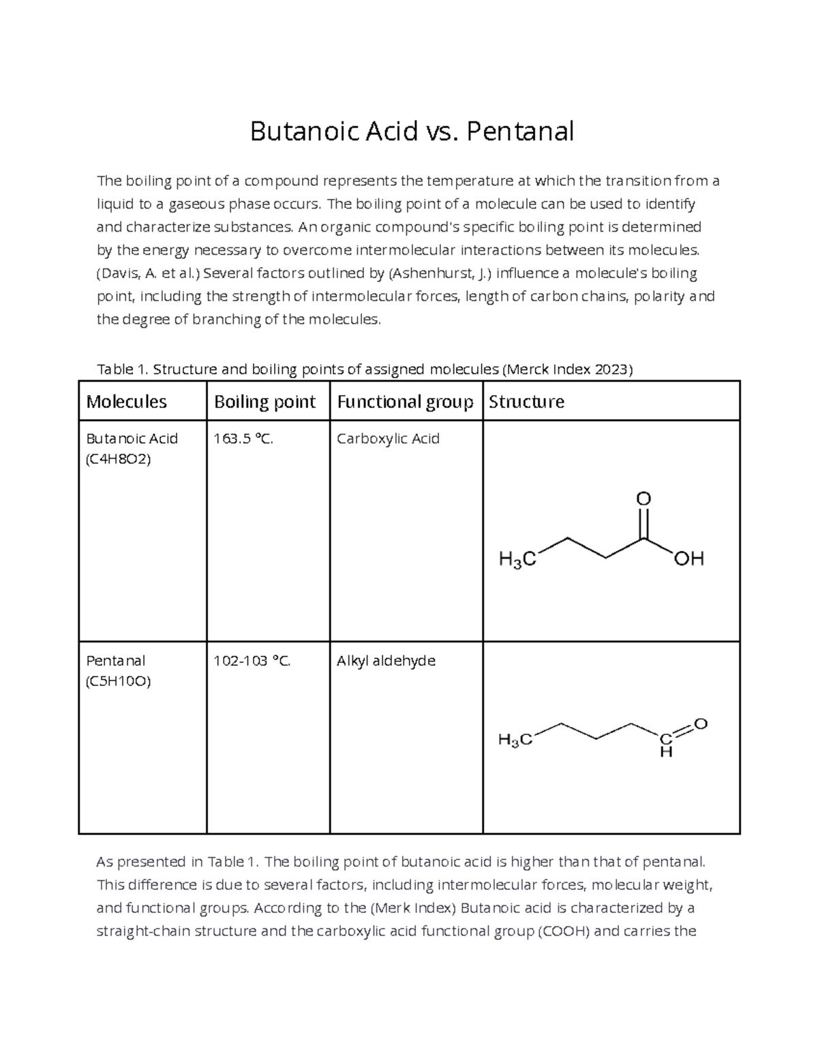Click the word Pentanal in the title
tap(520, 131)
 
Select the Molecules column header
tap(127, 402)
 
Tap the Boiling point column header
tap(264, 402)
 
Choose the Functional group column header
tap(405, 402)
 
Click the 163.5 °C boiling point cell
tap(243, 439)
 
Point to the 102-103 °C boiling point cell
tap(252, 661)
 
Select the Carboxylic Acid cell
tap(388, 439)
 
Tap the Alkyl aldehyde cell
tap(386, 661)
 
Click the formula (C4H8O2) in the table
tap(118, 459)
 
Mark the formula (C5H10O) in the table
tap(118, 681)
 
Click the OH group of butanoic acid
tap(688, 560)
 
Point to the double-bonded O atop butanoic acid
tap(643, 499)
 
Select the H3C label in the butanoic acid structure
tap(517, 561)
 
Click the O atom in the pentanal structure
tap(701, 724)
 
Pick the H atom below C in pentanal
tap(666, 753)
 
